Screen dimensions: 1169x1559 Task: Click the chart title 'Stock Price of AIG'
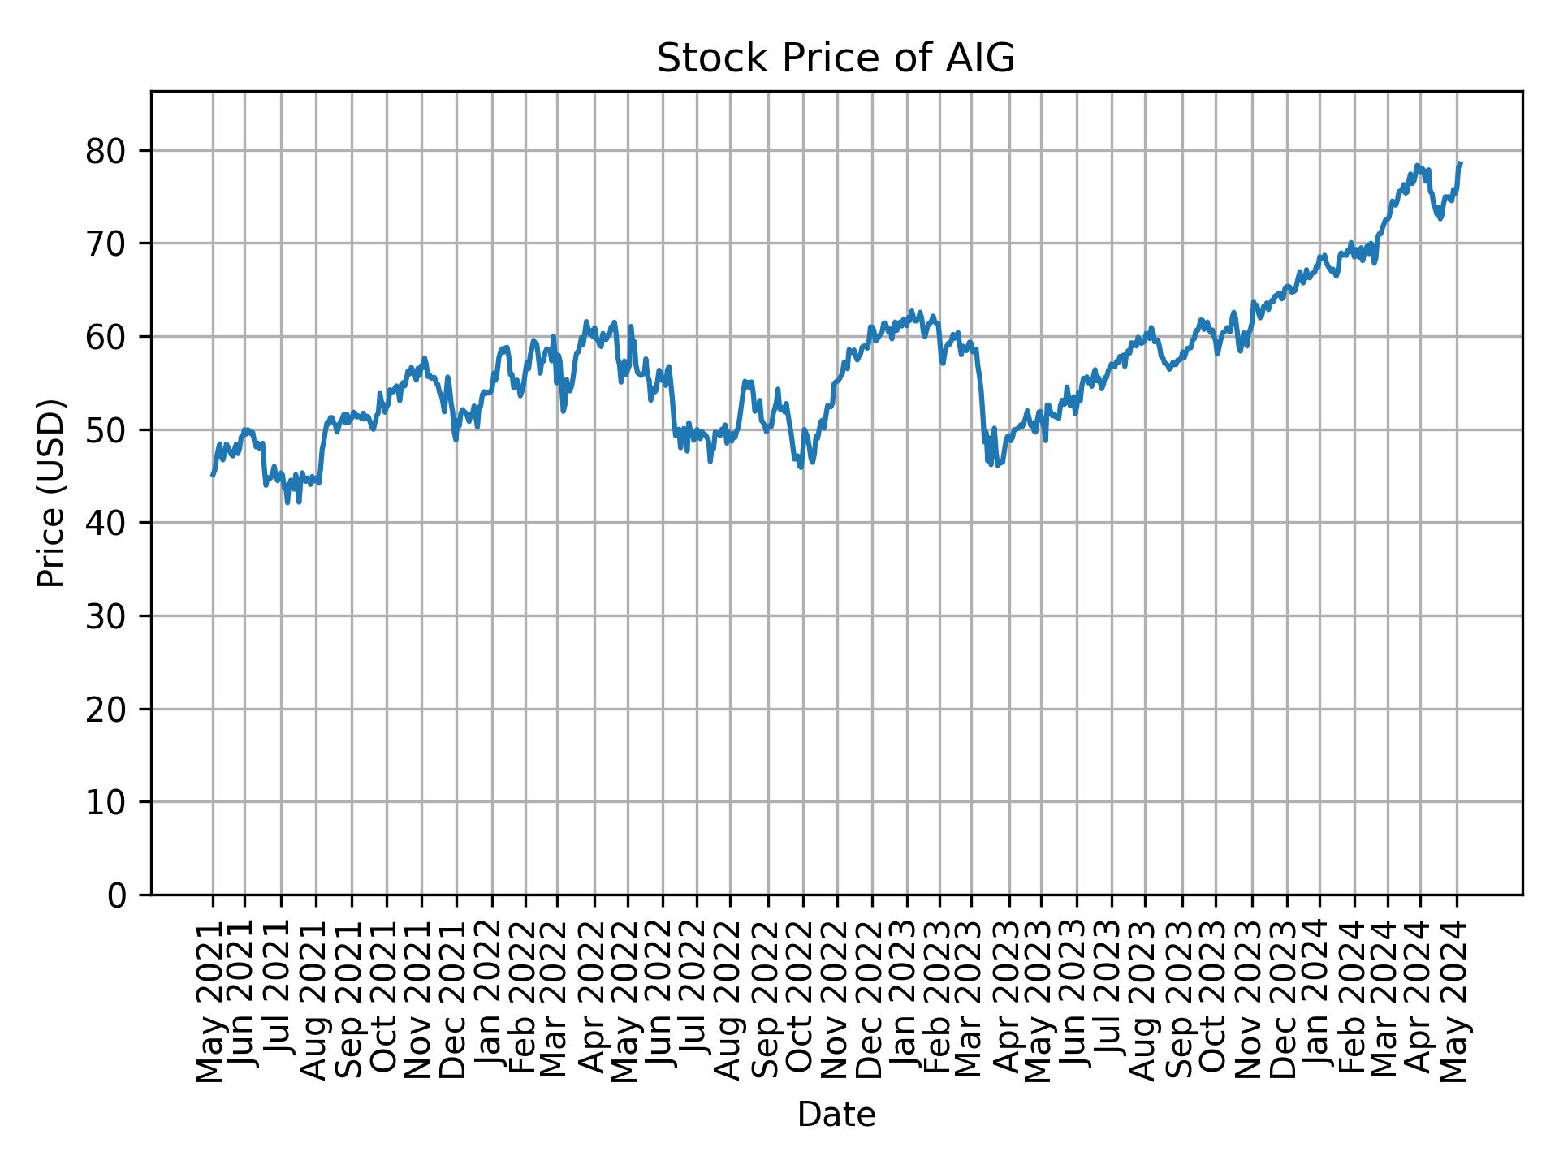pos(836,59)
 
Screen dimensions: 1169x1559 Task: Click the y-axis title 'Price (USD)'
pos(50,493)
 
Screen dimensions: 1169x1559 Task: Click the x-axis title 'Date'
pos(836,1115)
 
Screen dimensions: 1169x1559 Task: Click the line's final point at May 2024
pos(1461,164)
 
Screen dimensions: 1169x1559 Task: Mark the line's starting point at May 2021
pos(213,475)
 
